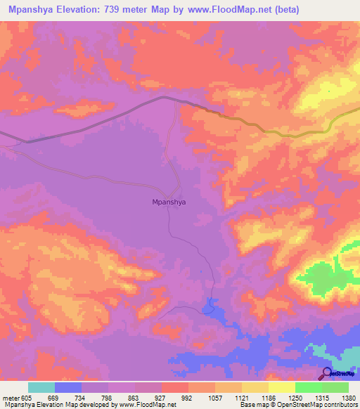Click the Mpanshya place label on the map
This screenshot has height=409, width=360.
169,202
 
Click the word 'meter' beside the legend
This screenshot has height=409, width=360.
11,397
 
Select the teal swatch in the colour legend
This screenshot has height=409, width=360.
41,387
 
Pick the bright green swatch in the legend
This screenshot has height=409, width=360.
308,387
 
